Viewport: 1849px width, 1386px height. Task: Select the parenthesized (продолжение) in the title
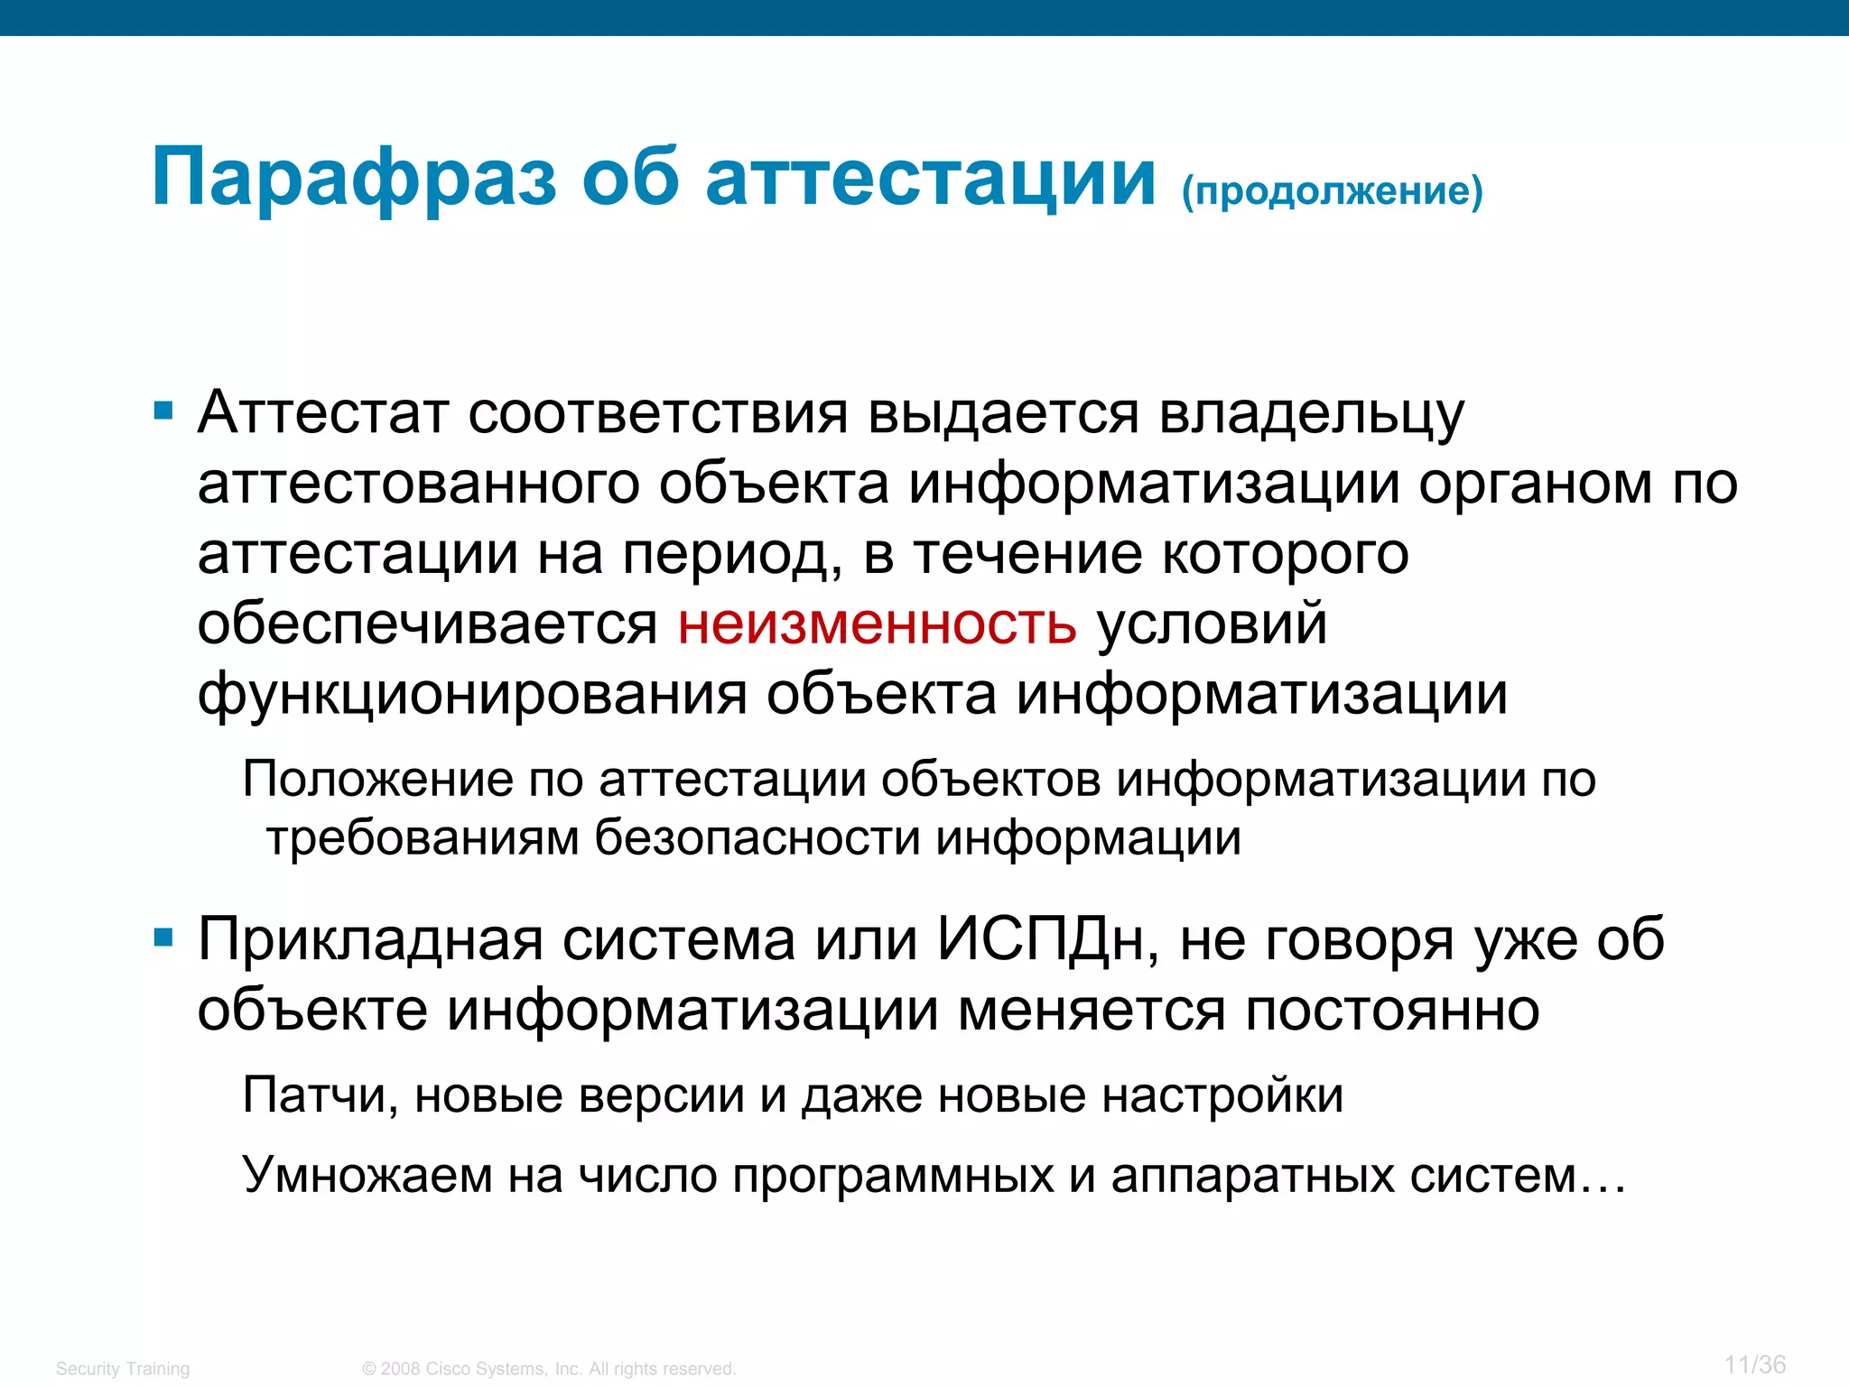tap(1332, 190)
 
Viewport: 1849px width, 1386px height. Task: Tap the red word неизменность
tap(877, 624)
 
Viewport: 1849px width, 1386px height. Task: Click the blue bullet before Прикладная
tap(163, 938)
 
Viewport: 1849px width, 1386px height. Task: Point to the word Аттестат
tap(322, 413)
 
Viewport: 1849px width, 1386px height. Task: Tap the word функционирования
tap(471, 695)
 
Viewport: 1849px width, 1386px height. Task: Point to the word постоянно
tap(1392, 1010)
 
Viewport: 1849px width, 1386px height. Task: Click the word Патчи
tap(321, 1096)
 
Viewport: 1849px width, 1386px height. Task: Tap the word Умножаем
tap(367, 1175)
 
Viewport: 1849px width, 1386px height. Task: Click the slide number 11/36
tap(1754, 1364)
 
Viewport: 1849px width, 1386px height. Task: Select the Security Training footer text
tap(123, 1369)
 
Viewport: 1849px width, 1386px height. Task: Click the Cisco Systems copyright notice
tap(549, 1369)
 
